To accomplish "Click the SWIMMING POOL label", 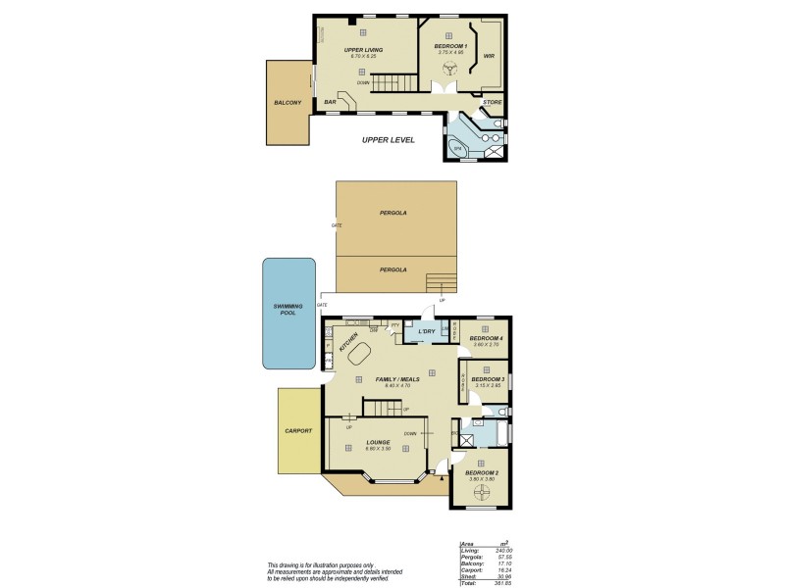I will (288, 310).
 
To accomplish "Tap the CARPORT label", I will (298, 430).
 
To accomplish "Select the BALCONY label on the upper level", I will (288, 102).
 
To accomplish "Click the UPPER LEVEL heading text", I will (388, 140).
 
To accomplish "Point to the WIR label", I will (488, 56).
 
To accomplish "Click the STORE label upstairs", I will (493, 101).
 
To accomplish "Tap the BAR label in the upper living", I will (331, 102).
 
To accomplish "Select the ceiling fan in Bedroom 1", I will (450, 69).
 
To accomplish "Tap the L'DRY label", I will (427, 332).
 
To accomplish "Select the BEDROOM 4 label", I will (486, 337).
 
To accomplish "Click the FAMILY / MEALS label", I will (397, 378).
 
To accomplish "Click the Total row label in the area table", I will (468, 583).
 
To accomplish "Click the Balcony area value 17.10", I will (503, 563).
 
